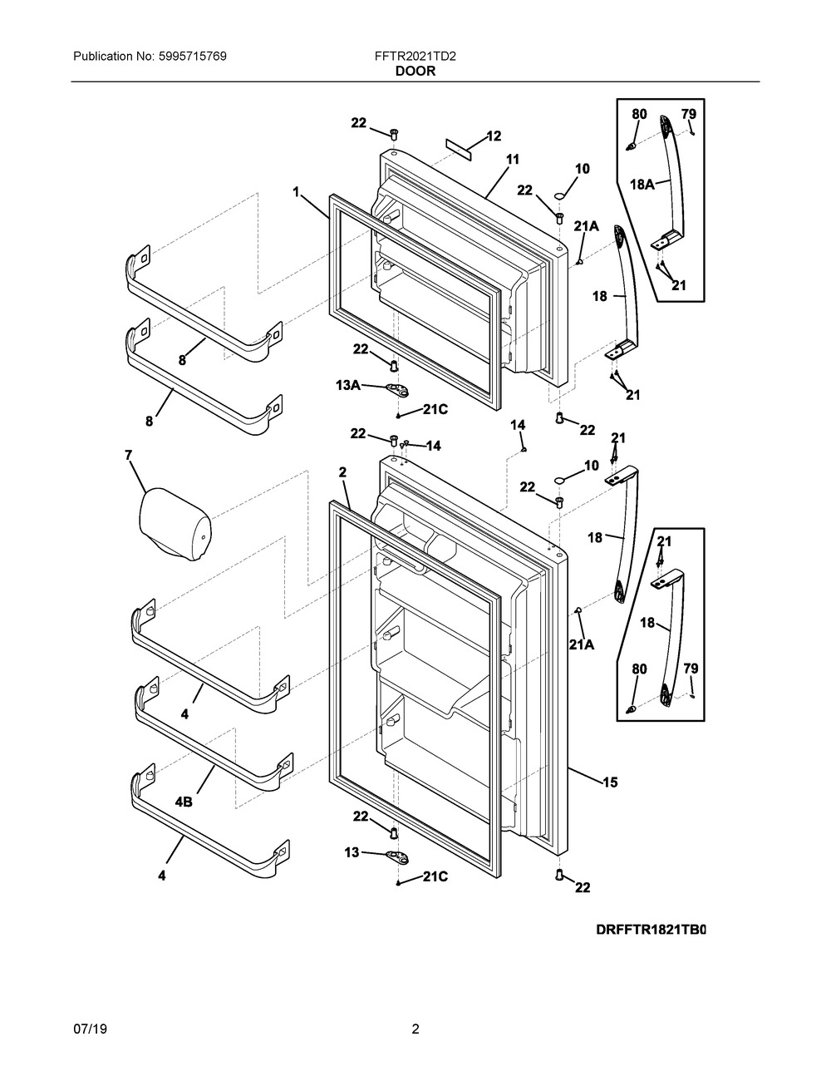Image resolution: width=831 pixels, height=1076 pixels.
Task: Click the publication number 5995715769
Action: [x=193, y=57]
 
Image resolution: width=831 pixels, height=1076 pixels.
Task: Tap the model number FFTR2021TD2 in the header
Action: [x=415, y=57]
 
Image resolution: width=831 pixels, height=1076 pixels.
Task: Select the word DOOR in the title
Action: [x=415, y=72]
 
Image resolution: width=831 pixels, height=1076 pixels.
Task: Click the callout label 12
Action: [x=494, y=136]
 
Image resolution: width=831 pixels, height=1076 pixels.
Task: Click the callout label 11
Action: [x=513, y=160]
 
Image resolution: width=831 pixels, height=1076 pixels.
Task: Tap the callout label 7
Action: [x=129, y=455]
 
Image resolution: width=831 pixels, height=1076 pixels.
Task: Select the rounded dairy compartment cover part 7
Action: [x=176, y=525]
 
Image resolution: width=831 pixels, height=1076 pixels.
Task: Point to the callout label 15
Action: [x=610, y=782]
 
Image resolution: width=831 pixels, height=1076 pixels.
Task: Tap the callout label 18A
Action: [x=642, y=185]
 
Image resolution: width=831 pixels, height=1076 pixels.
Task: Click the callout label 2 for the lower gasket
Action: [x=342, y=473]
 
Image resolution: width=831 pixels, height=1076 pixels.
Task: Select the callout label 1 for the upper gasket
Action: [x=297, y=191]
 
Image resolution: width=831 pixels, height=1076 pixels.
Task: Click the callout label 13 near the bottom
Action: [x=352, y=852]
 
